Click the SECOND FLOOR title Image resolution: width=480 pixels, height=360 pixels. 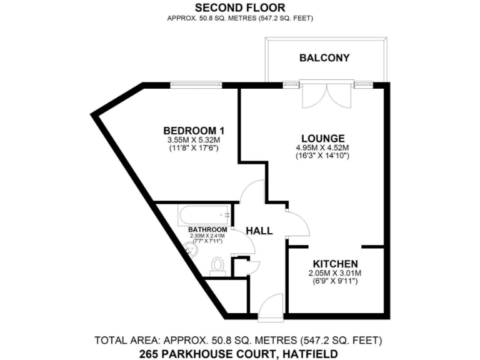tap(240, 7)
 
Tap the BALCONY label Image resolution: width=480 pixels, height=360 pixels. tap(324, 58)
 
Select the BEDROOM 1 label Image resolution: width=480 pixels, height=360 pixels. tap(194, 130)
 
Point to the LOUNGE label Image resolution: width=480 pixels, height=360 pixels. tap(322, 138)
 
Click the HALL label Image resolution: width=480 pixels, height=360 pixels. tap(259, 231)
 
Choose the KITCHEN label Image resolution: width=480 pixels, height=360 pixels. tap(335, 264)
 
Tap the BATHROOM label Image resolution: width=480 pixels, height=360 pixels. tap(207, 229)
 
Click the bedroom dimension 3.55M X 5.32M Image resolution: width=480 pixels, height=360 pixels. tap(194, 140)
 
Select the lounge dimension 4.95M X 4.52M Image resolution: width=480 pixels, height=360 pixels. tap(322, 148)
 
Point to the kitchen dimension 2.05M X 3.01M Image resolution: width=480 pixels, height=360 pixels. tap(335, 274)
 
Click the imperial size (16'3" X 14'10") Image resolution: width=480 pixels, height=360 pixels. tap(322, 156)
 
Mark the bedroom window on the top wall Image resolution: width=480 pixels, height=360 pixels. tap(197, 85)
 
